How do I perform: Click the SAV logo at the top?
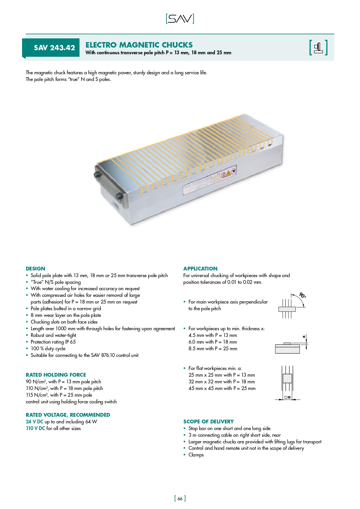[180, 19]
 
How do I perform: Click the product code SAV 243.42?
[54, 48]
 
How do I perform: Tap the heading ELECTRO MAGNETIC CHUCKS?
[139, 45]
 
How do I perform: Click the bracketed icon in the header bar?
[318, 48]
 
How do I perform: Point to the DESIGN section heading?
[35, 269]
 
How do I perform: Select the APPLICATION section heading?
[200, 269]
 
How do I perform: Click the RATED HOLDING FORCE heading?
[56, 375]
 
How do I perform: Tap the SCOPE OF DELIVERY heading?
[208, 422]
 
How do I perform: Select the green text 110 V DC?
[35, 428]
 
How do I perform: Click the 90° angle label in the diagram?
[303, 295]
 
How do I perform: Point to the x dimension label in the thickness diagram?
[304, 337]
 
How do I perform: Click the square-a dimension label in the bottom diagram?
[287, 397]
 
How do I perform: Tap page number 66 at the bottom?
[180, 499]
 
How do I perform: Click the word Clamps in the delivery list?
[196, 455]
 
